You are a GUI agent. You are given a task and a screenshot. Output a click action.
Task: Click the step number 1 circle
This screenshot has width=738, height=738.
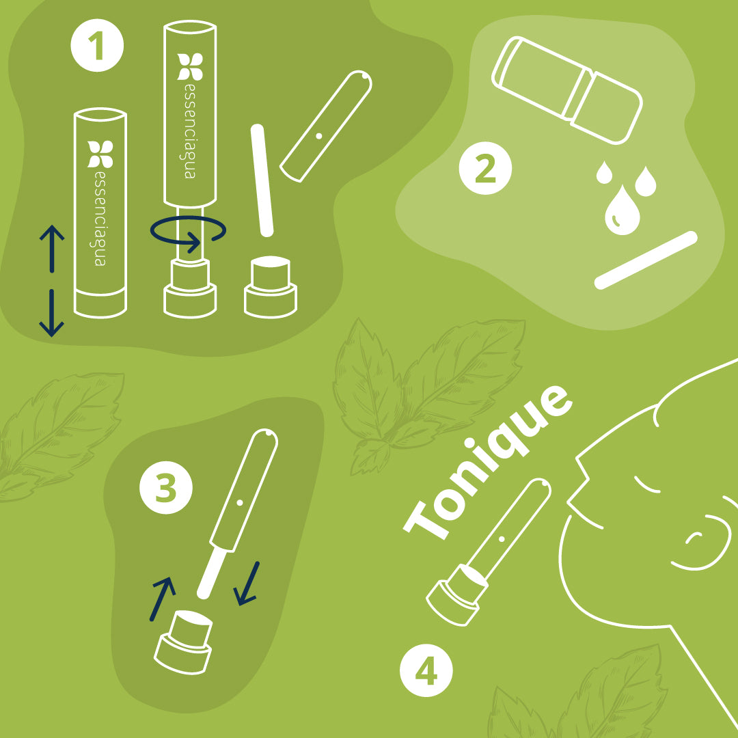pyautogui.click(x=97, y=46)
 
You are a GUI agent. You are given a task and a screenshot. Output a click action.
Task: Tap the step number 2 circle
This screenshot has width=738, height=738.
pyautogui.click(x=485, y=168)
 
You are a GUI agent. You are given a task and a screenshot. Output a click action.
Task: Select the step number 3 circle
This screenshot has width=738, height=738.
pyautogui.click(x=165, y=488)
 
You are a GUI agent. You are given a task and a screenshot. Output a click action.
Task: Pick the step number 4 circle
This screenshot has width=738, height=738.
pyautogui.click(x=426, y=670)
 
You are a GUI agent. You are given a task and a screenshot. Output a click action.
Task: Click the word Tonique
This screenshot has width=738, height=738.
pyautogui.click(x=488, y=462)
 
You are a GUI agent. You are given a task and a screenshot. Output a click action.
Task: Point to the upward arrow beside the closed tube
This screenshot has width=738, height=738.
pyautogui.click(x=52, y=249)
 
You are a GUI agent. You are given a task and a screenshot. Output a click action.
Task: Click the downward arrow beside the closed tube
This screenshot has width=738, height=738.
pyautogui.click(x=52, y=313)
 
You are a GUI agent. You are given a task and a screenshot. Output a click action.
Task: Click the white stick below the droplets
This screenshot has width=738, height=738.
pyautogui.click(x=646, y=260)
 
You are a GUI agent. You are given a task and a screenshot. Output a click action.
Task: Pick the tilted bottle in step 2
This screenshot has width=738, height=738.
pyautogui.click(x=567, y=90)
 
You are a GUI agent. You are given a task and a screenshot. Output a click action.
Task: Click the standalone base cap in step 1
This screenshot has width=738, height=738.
pyautogui.click(x=271, y=286)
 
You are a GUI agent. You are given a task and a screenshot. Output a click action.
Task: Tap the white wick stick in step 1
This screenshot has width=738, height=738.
pyautogui.click(x=262, y=180)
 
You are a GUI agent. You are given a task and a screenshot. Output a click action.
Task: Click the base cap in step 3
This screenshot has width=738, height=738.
pyautogui.click(x=184, y=642)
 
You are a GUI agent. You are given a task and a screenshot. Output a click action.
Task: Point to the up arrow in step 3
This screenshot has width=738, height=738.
pyautogui.click(x=163, y=599)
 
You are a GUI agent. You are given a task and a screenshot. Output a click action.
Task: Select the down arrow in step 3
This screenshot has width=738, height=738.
pyautogui.click(x=247, y=583)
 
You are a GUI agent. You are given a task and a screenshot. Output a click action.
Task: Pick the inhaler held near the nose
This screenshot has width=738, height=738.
pyautogui.click(x=488, y=552)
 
